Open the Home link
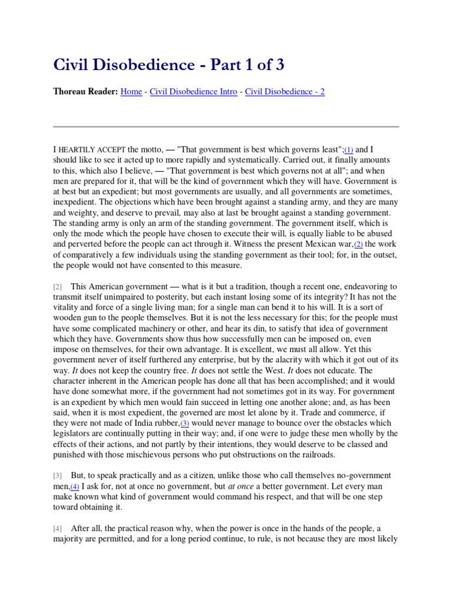(x=131, y=92)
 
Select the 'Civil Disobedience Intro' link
(x=194, y=92)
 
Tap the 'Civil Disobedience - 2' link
(x=285, y=92)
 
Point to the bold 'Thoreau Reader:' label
(x=85, y=92)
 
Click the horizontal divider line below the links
(x=226, y=127)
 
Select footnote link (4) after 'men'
(x=75, y=487)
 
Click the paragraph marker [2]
(x=57, y=270)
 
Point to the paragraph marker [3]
(x=57, y=475)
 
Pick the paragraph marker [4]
(x=57, y=528)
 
